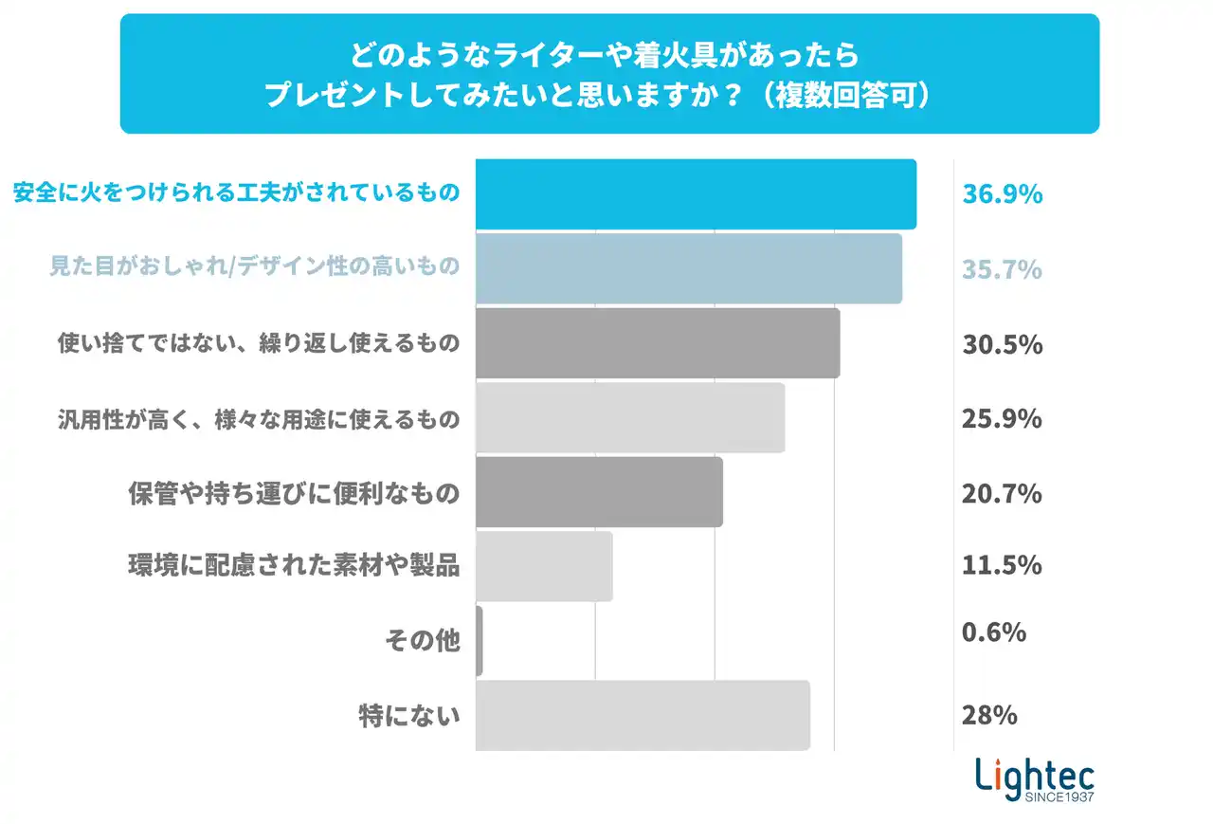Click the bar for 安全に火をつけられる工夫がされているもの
click(696, 194)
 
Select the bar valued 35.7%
click(689, 268)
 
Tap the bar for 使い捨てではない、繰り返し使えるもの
click(658, 343)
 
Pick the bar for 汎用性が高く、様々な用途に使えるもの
click(630, 418)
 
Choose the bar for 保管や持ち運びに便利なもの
click(599, 492)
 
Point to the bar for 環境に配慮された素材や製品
click(544, 566)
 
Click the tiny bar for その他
click(480, 641)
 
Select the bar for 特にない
click(643, 716)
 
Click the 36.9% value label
click(1003, 194)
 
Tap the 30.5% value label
click(1003, 344)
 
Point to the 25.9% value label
click(1003, 418)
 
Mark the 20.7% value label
click(1003, 493)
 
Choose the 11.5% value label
click(1003, 566)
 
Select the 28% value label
click(989, 715)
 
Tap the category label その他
click(423, 641)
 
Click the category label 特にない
click(409, 716)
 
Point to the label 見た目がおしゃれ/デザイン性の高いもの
click(255, 268)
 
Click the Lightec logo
click(1035, 780)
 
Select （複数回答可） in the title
click(849, 96)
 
